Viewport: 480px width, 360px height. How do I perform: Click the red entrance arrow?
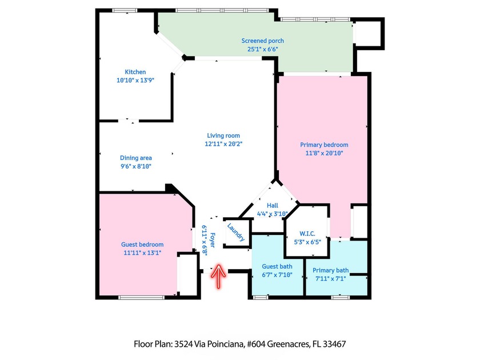pos(218,276)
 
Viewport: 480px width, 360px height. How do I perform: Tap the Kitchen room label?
pos(135,72)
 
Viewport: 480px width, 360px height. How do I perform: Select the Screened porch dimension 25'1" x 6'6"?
pos(263,49)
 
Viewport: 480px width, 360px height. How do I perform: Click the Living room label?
pos(223,135)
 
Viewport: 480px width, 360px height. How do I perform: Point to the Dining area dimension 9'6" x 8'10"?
pos(136,166)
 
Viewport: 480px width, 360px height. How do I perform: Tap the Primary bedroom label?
pos(324,145)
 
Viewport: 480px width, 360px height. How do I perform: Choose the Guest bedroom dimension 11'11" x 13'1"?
pos(142,253)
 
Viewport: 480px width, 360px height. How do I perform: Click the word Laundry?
pos(235,232)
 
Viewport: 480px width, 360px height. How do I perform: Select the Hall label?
pos(273,205)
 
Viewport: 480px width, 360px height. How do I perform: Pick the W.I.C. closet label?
pos(307,234)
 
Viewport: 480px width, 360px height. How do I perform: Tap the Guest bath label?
pos(277,266)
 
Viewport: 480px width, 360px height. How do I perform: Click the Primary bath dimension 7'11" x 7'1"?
pos(331,279)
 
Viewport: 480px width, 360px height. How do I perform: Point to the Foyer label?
pos(212,241)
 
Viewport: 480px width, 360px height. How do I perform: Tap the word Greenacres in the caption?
pos(288,345)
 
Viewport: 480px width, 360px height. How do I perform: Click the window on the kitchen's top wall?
pos(125,10)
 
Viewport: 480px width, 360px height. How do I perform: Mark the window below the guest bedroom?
pos(142,297)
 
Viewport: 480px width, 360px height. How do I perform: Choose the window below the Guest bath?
pos(261,297)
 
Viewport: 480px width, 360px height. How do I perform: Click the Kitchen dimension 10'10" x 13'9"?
pos(135,80)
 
